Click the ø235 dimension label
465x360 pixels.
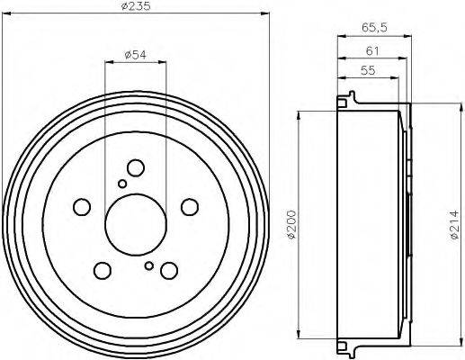tap(136, 6)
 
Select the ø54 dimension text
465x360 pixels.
tap(135, 55)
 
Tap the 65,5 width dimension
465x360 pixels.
tap(374, 28)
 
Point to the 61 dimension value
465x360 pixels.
tap(372, 51)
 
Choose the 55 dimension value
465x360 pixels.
tap(368, 70)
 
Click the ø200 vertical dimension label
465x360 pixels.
tap(291, 225)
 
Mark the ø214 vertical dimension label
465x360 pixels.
tap(454, 225)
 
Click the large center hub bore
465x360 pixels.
tap(136, 225)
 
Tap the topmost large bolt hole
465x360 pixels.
tap(136, 168)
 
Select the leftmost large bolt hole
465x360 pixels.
tap(82, 207)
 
